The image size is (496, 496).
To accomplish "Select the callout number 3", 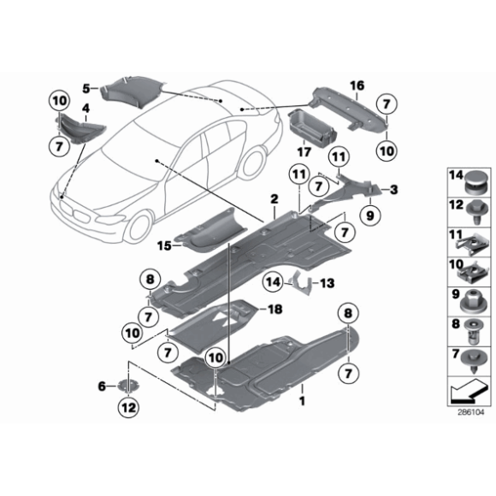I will pos(395,189).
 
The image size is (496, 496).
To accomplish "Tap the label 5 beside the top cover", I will pos(86,87).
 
